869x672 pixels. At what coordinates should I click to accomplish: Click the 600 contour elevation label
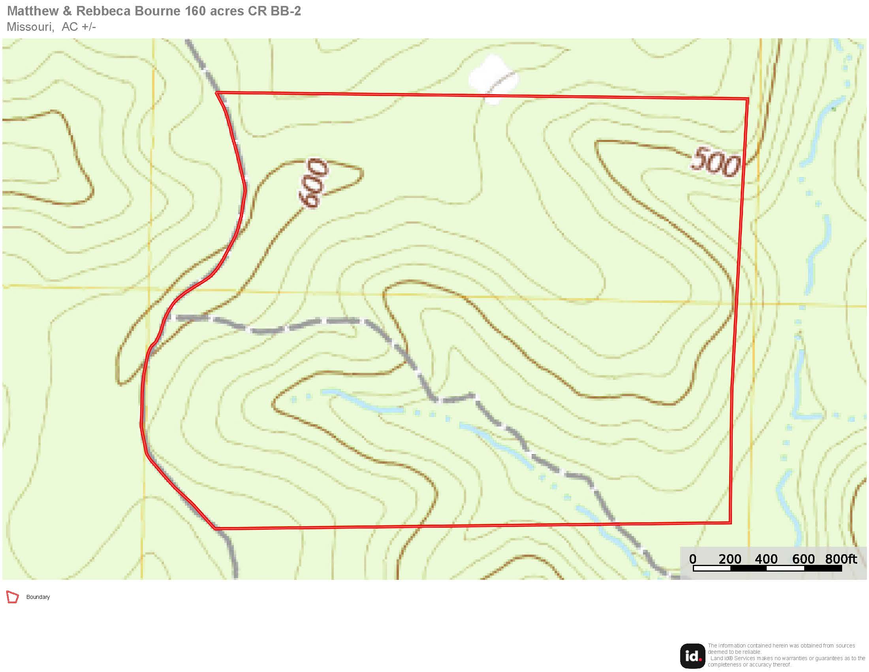pyautogui.click(x=314, y=183)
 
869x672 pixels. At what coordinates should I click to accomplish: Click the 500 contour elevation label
pyautogui.click(x=715, y=162)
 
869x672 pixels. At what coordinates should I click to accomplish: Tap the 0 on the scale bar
pyautogui.click(x=693, y=559)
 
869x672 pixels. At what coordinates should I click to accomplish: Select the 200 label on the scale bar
pyautogui.click(x=730, y=559)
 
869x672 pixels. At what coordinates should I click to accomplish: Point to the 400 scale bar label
pyautogui.click(x=766, y=559)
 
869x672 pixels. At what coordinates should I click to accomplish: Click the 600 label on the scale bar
pyautogui.click(x=803, y=559)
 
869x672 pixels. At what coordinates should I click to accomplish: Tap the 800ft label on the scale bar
pyautogui.click(x=841, y=559)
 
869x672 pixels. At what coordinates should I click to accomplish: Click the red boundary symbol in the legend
pyautogui.click(x=12, y=597)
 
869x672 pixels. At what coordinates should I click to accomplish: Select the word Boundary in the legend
pyautogui.click(x=38, y=597)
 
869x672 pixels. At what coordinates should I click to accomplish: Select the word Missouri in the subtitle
pyautogui.click(x=30, y=26)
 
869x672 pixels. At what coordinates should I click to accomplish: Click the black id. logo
pyautogui.click(x=692, y=656)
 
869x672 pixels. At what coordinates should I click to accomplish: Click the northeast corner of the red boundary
pyautogui.click(x=748, y=99)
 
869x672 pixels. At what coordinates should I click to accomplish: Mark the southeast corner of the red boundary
pyautogui.click(x=730, y=522)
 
